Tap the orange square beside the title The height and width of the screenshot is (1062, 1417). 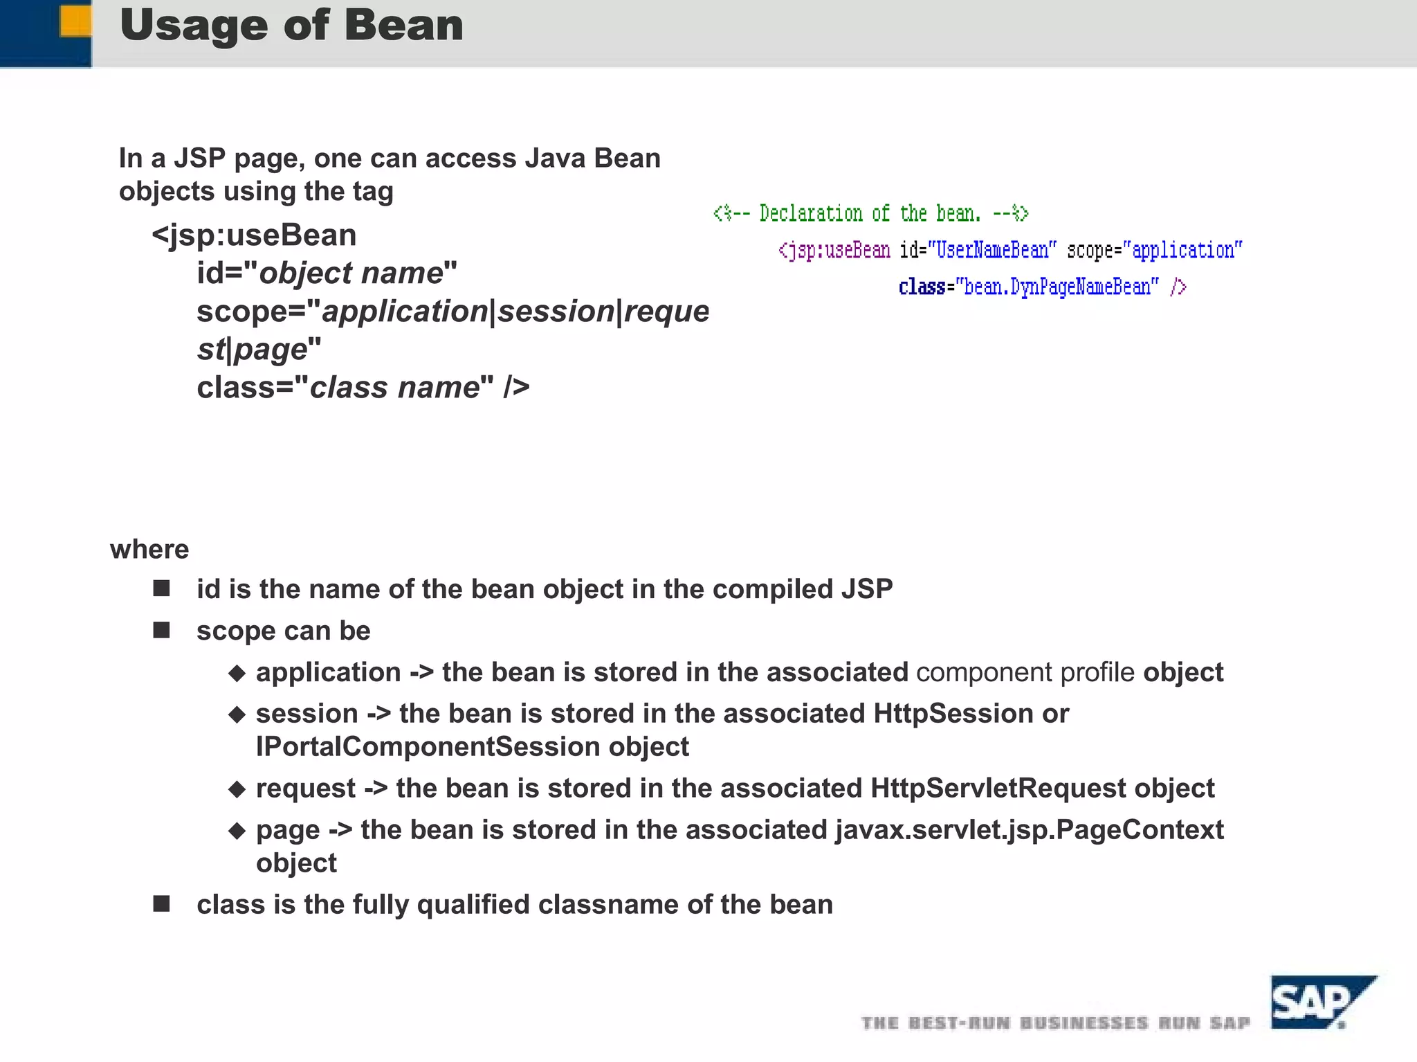tap(75, 21)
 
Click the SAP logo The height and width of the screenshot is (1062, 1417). tap(1320, 1002)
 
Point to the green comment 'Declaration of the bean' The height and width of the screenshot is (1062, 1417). tap(870, 213)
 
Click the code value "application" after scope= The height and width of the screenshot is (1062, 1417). tap(1182, 250)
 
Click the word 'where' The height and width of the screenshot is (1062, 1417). tap(149, 549)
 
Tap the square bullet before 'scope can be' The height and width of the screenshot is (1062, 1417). tap(162, 630)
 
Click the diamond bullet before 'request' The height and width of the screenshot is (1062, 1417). tap(237, 789)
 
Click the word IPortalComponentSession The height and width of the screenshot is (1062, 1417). tap(428, 747)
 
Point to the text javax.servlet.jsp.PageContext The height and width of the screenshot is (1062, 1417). tap(1029, 829)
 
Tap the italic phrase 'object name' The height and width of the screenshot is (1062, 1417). tap(351, 273)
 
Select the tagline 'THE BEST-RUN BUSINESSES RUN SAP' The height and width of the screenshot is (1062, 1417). tap(1055, 1023)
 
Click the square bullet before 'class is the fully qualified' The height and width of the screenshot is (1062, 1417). tap(162, 903)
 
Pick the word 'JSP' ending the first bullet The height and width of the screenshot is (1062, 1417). tap(867, 589)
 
